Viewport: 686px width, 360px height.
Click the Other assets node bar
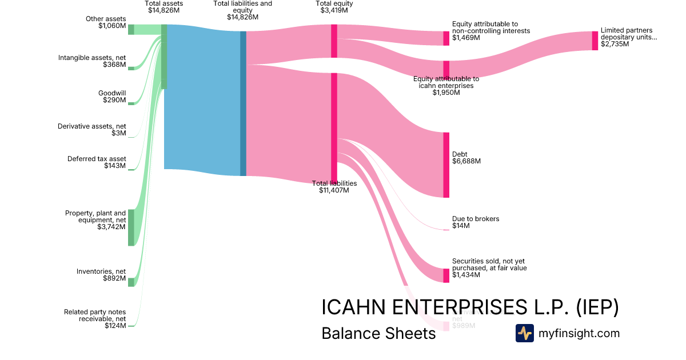point(131,30)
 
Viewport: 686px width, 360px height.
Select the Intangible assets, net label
point(92,61)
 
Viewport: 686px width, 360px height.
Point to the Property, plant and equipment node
point(131,227)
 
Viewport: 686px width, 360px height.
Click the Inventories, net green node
point(131,282)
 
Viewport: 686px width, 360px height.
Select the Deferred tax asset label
point(97,162)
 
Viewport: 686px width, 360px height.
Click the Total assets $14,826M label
point(163,7)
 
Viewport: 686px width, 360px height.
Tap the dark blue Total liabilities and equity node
point(243,103)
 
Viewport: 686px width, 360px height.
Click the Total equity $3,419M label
point(334,7)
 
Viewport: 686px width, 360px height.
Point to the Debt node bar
point(446,165)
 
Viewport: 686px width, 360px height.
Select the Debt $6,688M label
point(466,158)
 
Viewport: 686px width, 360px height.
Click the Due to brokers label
point(476,222)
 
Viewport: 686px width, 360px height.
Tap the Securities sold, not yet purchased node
point(446,275)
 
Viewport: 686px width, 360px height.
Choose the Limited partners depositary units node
point(595,41)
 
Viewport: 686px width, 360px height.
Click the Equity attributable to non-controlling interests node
point(446,38)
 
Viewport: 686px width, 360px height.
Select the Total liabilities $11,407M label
point(334,187)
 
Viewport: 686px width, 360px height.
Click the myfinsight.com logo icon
point(524,333)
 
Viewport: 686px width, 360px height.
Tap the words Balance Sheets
point(378,333)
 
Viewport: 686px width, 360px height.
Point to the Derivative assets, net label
point(92,130)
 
